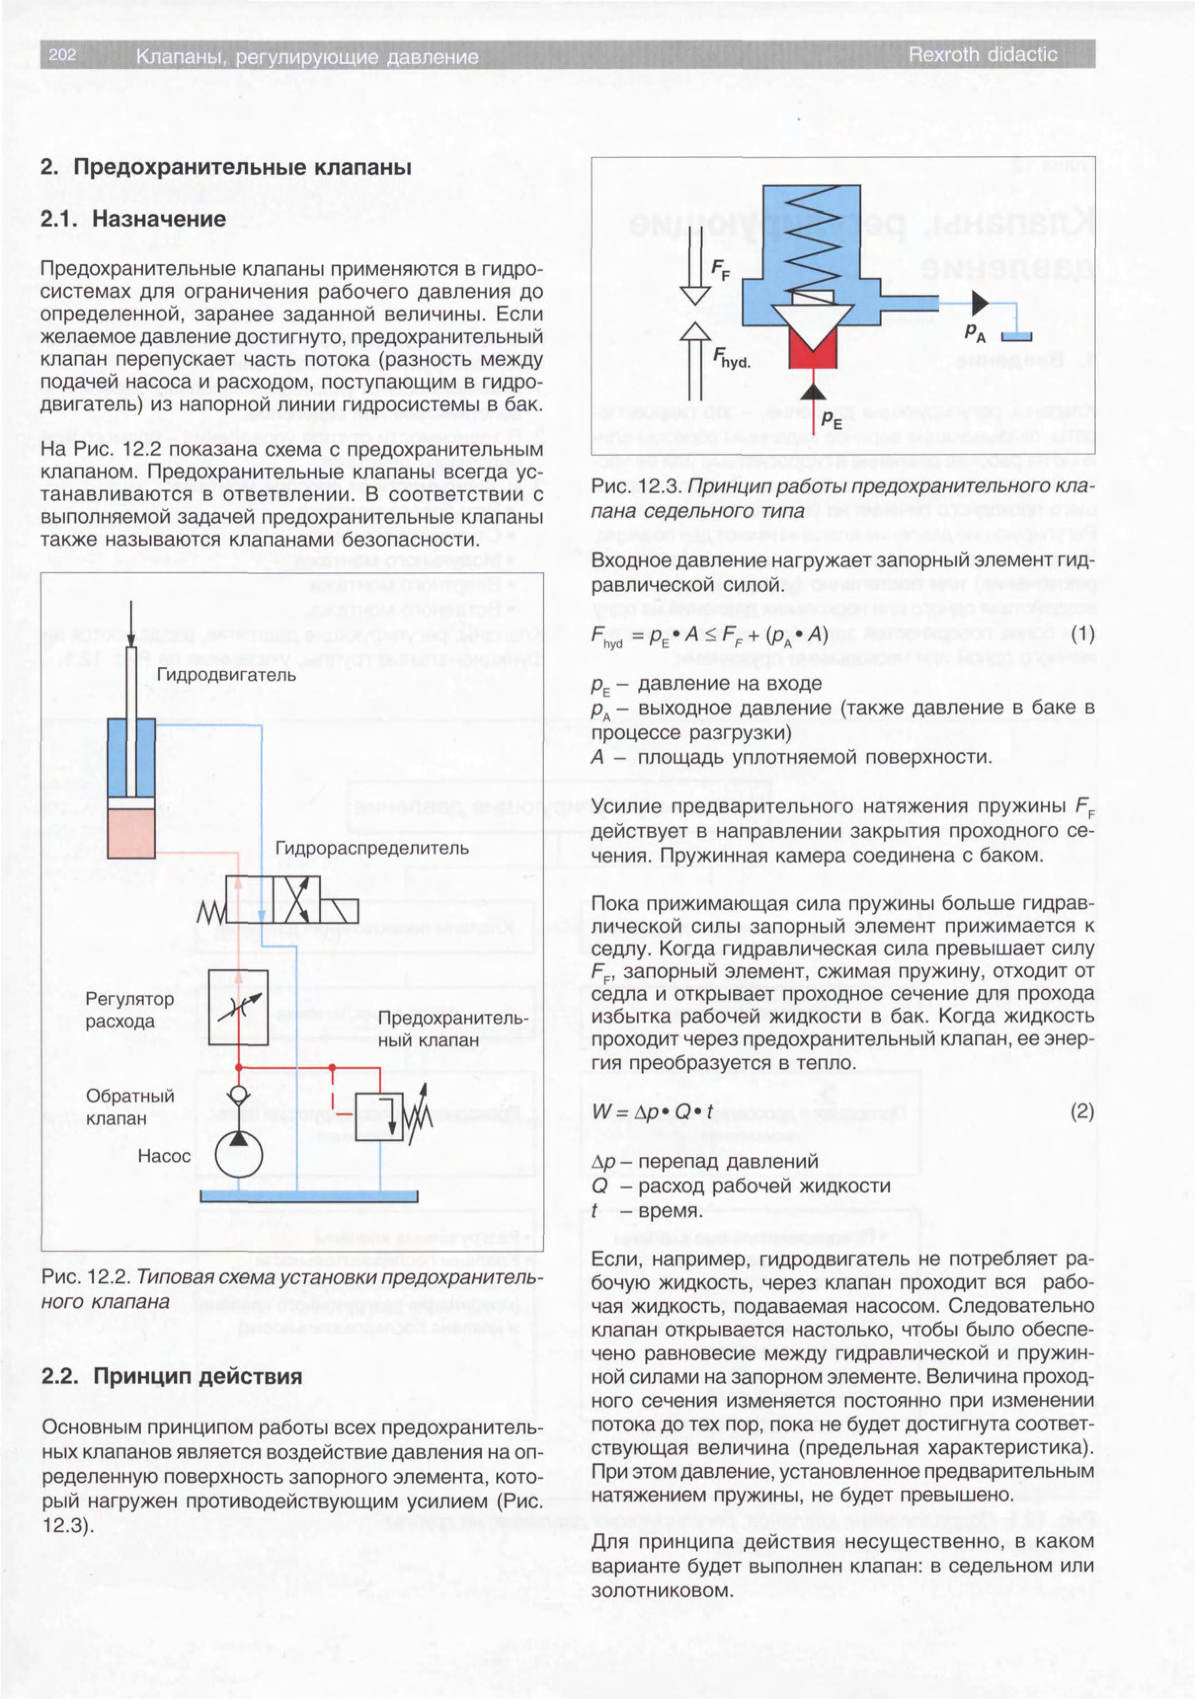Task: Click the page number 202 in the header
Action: click(62, 55)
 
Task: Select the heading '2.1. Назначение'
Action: click(133, 219)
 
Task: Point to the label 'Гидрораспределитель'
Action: click(372, 848)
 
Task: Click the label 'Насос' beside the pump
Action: click(164, 1155)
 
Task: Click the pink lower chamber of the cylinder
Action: click(131, 833)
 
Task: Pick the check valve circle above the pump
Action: click(239, 1095)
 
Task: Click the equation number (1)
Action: click(1082, 634)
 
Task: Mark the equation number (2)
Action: click(1082, 1111)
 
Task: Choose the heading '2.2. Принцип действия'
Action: click(172, 1376)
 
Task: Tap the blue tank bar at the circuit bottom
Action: click(309, 1197)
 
